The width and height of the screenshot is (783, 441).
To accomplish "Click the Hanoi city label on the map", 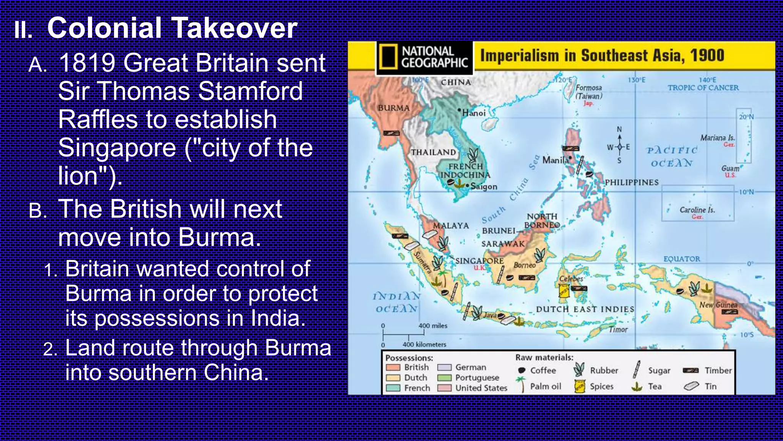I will (474, 113).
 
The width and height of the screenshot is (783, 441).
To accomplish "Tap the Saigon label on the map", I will (484, 186).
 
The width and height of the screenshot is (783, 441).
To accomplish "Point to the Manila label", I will (555, 160).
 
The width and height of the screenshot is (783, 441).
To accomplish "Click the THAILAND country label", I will (433, 152).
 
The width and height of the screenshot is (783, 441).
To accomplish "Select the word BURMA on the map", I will (393, 108).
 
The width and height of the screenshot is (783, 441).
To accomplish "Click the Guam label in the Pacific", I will (730, 168).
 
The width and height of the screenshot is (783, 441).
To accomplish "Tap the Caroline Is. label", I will (697, 210).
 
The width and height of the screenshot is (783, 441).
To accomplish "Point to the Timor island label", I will (618, 329).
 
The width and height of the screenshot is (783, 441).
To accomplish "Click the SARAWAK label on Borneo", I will (503, 244).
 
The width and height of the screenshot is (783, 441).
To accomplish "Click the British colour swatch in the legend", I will (393, 367).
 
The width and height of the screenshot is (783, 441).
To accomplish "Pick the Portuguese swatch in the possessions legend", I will (445, 378).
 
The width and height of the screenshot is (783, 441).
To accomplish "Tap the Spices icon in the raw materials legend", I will (580, 386).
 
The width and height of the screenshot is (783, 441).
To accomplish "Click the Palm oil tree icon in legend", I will (521, 384).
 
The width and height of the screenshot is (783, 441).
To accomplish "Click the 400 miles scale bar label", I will (432, 326).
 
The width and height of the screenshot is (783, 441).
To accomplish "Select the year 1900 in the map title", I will (707, 56).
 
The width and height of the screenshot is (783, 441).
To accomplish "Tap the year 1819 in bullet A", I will (87, 62).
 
